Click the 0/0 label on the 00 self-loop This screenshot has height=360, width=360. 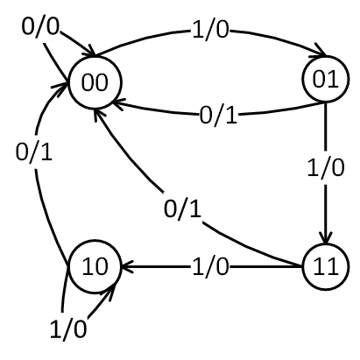tap(40, 26)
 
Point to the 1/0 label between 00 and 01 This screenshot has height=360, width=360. tap(210, 30)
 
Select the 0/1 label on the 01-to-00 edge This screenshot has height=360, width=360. tap(218, 116)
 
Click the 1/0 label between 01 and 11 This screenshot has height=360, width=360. tap(326, 167)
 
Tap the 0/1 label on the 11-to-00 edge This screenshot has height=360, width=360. tap(182, 209)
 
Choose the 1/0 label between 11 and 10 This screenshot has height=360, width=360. tap(210, 266)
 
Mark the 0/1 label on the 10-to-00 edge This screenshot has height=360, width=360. tap(34, 152)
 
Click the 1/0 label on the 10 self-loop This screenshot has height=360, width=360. tap(68, 328)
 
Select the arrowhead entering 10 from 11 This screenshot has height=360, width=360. tap(127, 266)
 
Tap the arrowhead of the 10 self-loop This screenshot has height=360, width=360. tap(112, 289)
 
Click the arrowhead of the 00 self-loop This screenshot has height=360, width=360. tap(89, 51)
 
